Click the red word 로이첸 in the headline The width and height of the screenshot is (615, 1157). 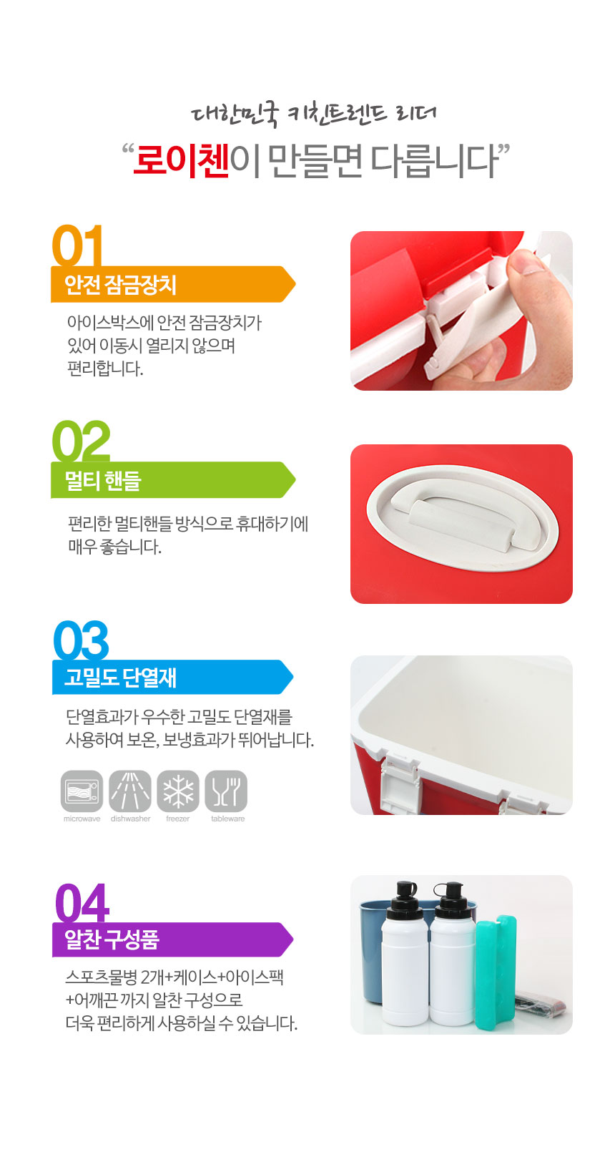181,161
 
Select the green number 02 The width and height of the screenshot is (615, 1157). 81,441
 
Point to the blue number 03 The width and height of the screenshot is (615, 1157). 81,640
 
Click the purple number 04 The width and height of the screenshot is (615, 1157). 82,902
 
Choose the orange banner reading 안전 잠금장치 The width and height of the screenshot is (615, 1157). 173,284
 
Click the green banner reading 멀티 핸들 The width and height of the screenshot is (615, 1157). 173,480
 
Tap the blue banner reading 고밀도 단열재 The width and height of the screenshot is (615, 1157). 172,677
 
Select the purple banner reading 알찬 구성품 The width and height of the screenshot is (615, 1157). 172,939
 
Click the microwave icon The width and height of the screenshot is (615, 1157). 82,791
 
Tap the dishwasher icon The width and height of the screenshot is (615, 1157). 130,791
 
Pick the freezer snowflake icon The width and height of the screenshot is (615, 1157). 178,791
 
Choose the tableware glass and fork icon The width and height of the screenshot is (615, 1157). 226,791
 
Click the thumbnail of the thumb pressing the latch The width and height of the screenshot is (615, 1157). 462,311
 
